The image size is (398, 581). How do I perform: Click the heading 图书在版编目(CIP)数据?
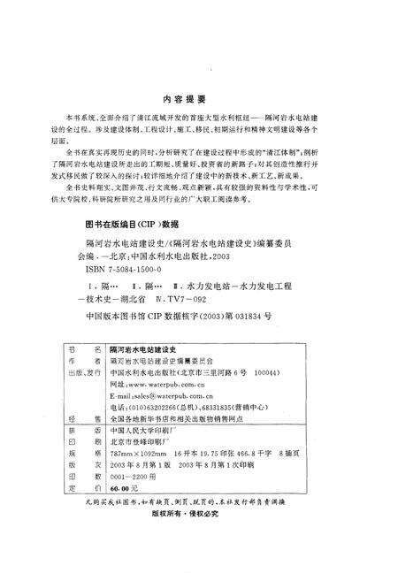(123, 225)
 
